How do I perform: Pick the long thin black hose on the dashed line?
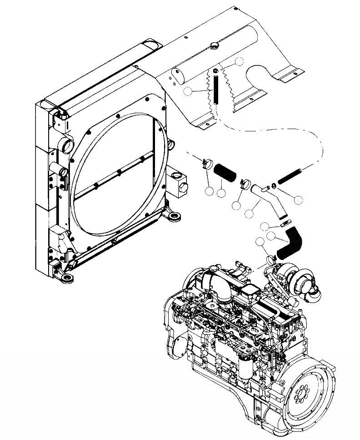[x=289, y=176]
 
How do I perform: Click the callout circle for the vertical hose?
[x=188, y=91]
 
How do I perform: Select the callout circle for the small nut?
[x=239, y=61]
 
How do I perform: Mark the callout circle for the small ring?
[x=299, y=199]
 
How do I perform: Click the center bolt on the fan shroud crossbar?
[x=119, y=172]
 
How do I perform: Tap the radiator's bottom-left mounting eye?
[x=66, y=277]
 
